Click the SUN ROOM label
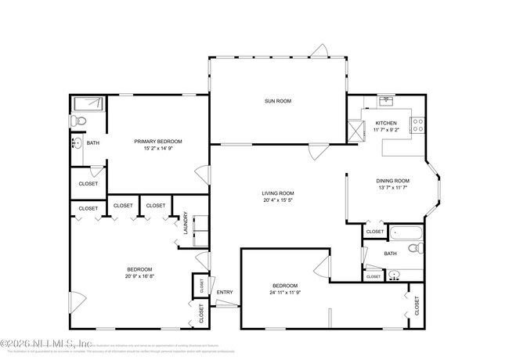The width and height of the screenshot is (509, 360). [x=277, y=101]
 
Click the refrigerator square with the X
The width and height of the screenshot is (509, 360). [x=357, y=130]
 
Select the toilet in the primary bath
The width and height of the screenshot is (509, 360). [x=78, y=122]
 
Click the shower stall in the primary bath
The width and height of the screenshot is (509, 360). [x=89, y=105]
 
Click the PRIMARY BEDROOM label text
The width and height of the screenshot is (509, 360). [x=157, y=141]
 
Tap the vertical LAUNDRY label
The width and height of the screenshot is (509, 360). [x=186, y=223]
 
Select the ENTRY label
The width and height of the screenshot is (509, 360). [x=225, y=293]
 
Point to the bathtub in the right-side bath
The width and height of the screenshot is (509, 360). [x=406, y=232]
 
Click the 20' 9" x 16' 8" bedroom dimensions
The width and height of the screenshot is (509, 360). [x=139, y=275]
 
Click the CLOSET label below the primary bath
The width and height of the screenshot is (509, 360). [x=88, y=184]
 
